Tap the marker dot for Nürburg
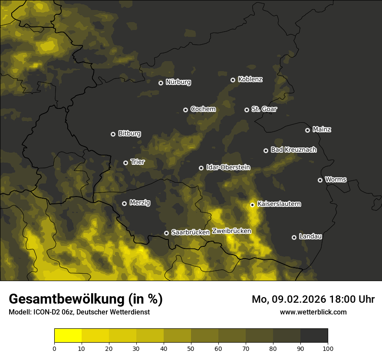click(161, 83)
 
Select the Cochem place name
click(203, 109)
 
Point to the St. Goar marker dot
click(247, 110)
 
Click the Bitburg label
click(129, 134)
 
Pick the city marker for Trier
click(126, 163)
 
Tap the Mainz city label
click(322, 129)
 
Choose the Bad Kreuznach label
click(293, 150)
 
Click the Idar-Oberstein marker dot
click(201, 168)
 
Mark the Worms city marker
click(320, 180)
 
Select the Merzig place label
click(140, 203)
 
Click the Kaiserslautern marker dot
click(252, 205)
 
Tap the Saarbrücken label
click(191, 232)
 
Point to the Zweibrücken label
click(231, 231)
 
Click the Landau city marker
click(294, 237)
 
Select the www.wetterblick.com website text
click(313, 312)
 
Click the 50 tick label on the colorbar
click(191, 348)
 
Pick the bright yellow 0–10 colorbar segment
click(68, 336)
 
